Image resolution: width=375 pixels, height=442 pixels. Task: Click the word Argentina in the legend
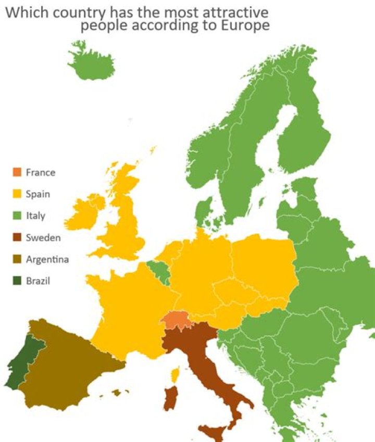47,259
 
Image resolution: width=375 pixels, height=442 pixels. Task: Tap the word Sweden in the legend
43,237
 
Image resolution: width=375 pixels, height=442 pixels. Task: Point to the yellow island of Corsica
176,373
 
